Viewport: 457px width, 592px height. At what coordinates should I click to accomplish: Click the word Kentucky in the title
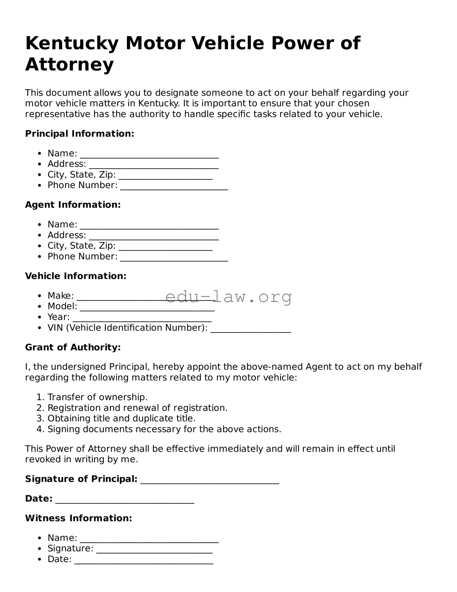72,43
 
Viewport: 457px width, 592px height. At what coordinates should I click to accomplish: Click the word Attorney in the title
69,65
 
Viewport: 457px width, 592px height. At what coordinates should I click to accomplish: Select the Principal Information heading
80,134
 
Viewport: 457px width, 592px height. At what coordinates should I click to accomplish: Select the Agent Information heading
73,205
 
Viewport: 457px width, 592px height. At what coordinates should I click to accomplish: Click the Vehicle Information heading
76,276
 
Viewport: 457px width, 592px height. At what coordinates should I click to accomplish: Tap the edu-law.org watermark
229,297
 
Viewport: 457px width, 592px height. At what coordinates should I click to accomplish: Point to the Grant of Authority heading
73,347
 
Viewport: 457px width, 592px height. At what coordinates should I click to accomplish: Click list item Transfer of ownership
97,397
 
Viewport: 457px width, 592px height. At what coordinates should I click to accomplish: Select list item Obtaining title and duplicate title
121,418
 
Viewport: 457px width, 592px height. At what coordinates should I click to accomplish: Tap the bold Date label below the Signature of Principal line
38,499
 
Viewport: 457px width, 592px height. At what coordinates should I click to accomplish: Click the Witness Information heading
79,518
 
